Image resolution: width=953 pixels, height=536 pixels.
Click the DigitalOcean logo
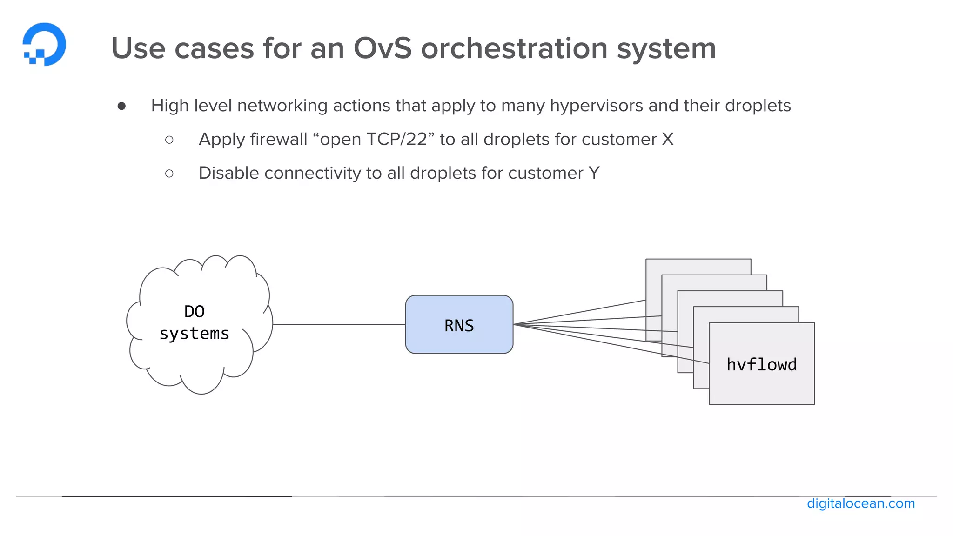pos(44,44)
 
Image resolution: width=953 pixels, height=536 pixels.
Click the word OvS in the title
pos(383,48)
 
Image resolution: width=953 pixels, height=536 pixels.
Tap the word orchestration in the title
pos(514,48)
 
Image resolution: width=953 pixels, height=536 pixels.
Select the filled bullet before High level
pos(122,107)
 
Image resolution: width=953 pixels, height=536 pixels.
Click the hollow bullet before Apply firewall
pos(169,140)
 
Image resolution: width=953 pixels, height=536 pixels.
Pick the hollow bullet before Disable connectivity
pos(169,174)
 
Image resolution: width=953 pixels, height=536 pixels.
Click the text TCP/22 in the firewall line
pos(396,140)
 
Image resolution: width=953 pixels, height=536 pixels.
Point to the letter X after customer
pos(667,140)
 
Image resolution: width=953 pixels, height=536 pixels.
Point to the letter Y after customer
pos(594,173)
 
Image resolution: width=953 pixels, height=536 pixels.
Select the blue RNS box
pos(459,325)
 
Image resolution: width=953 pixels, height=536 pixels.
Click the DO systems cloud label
pos(195,322)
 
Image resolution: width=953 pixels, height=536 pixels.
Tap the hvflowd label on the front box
pos(761,364)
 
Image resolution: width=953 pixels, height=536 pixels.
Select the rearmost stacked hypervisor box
pos(698,266)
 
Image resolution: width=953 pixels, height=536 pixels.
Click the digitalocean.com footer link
pos(860,503)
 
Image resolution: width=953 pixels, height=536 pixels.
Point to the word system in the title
pos(666,48)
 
